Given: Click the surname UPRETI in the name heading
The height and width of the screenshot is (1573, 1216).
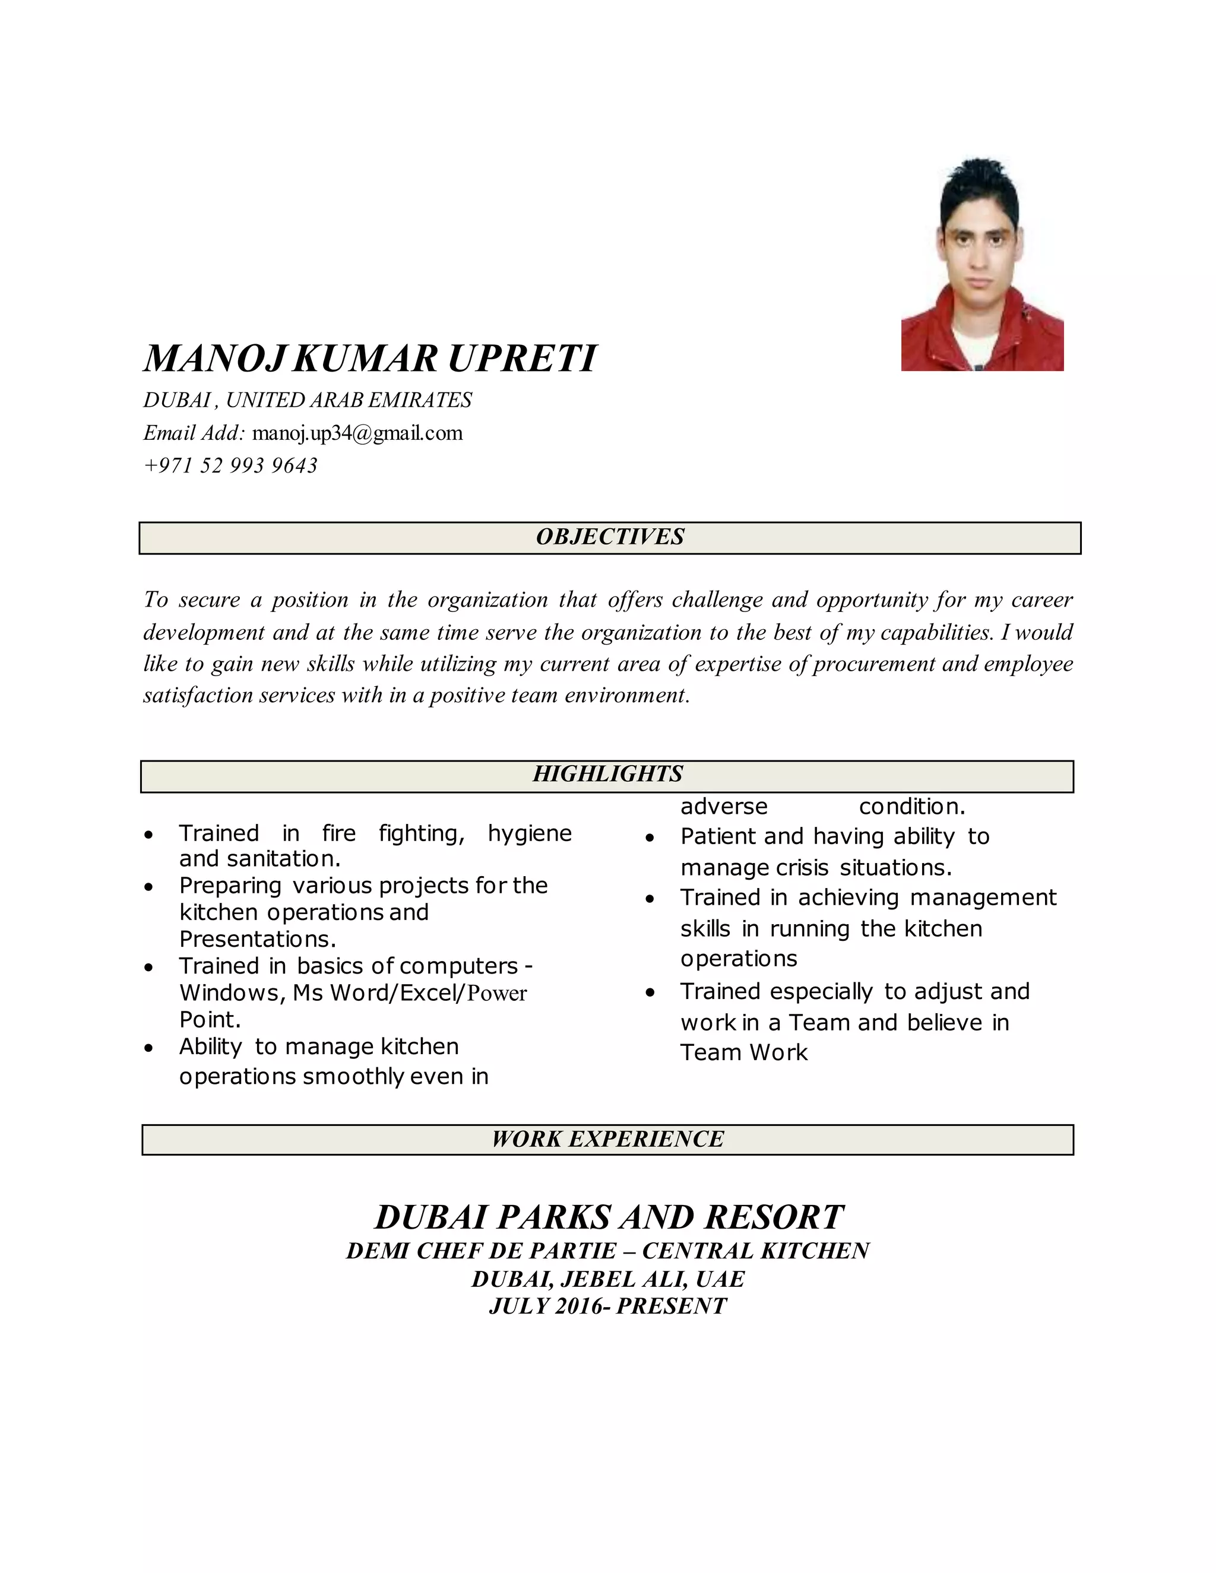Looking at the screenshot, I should coord(522,359).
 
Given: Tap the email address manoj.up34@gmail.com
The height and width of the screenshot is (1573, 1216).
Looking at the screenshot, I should coord(357,433).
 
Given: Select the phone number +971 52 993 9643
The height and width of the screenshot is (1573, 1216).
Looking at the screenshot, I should coord(230,465).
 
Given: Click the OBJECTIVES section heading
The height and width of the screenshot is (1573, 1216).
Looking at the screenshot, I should coord(609,537).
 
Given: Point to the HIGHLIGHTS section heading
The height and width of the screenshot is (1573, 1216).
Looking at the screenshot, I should coord(607,774).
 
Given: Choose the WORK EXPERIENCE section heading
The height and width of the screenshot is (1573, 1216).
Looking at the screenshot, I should coord(607,1138).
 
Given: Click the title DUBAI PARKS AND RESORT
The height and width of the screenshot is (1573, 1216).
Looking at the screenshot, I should coord(609,1217).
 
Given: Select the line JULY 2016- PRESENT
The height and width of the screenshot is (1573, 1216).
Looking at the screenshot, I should coord(607,1306).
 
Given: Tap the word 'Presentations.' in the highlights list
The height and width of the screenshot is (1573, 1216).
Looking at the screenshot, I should coord(257,939).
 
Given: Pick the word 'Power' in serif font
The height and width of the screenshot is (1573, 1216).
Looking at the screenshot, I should coord(496,993).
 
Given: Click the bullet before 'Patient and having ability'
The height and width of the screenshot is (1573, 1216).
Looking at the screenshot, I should coord(650,838).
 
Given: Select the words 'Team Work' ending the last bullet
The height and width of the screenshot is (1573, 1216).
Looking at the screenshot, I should coord(743,1052).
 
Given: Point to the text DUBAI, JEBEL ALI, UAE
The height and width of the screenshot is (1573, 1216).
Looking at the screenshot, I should coord(607,1279).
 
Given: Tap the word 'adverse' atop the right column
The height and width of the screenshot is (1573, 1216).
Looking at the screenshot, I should coord(723,807).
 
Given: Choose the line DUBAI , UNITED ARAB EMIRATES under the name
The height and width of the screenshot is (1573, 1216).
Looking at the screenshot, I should coord(308,399).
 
